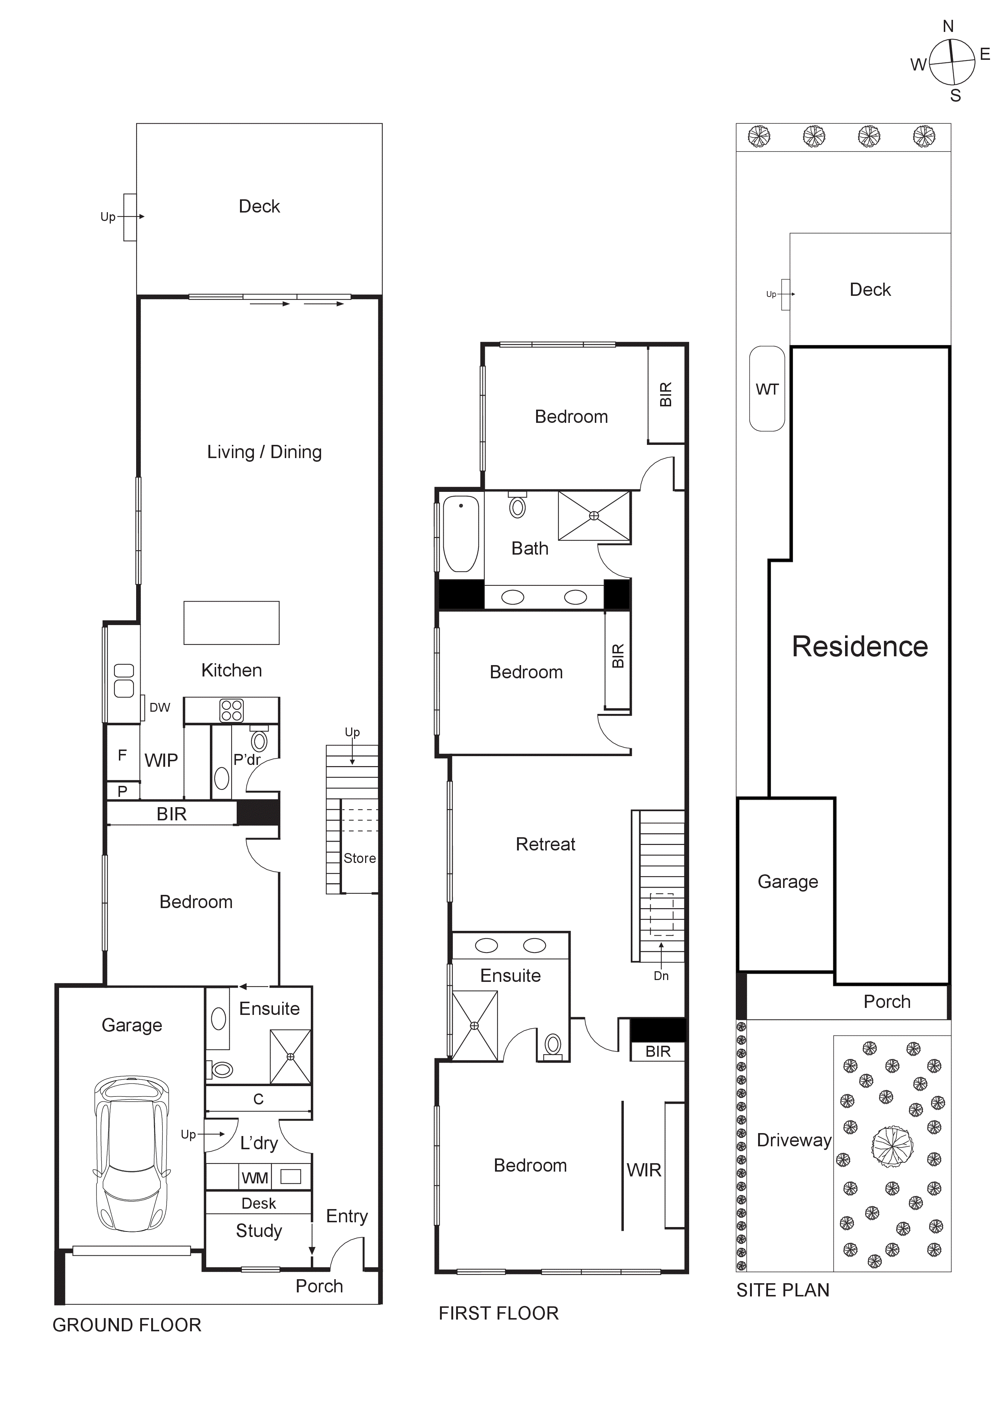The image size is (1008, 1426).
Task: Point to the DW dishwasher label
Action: [160, 707]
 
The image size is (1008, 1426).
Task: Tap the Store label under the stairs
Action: [360, 858]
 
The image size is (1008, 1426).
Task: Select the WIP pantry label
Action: [161, 760]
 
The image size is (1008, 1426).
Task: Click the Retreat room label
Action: [545, 844]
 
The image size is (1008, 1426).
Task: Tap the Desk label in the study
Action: [258, 1203]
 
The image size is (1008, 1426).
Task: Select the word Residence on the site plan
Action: [859, 646]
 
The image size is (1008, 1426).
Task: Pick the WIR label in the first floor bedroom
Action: [643, 1170]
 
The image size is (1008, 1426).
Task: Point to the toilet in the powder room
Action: [259, 741]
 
